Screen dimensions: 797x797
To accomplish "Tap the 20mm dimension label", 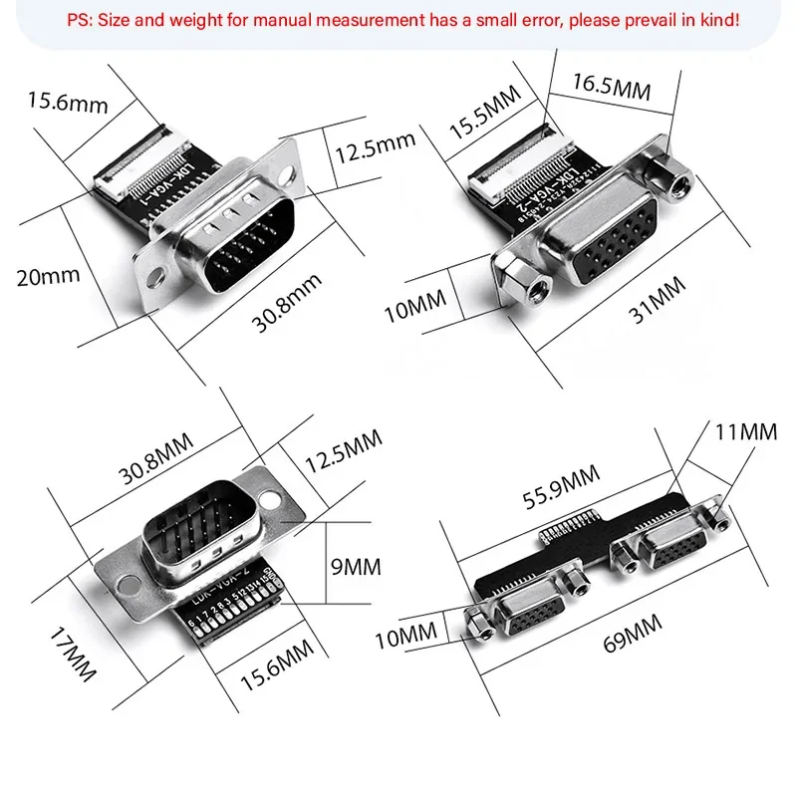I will (48, 276).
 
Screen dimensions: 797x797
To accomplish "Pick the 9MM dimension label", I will (356, 567).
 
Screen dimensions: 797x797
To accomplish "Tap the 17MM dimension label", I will (76, 659).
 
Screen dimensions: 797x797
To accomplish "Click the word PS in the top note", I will (78, 19).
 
